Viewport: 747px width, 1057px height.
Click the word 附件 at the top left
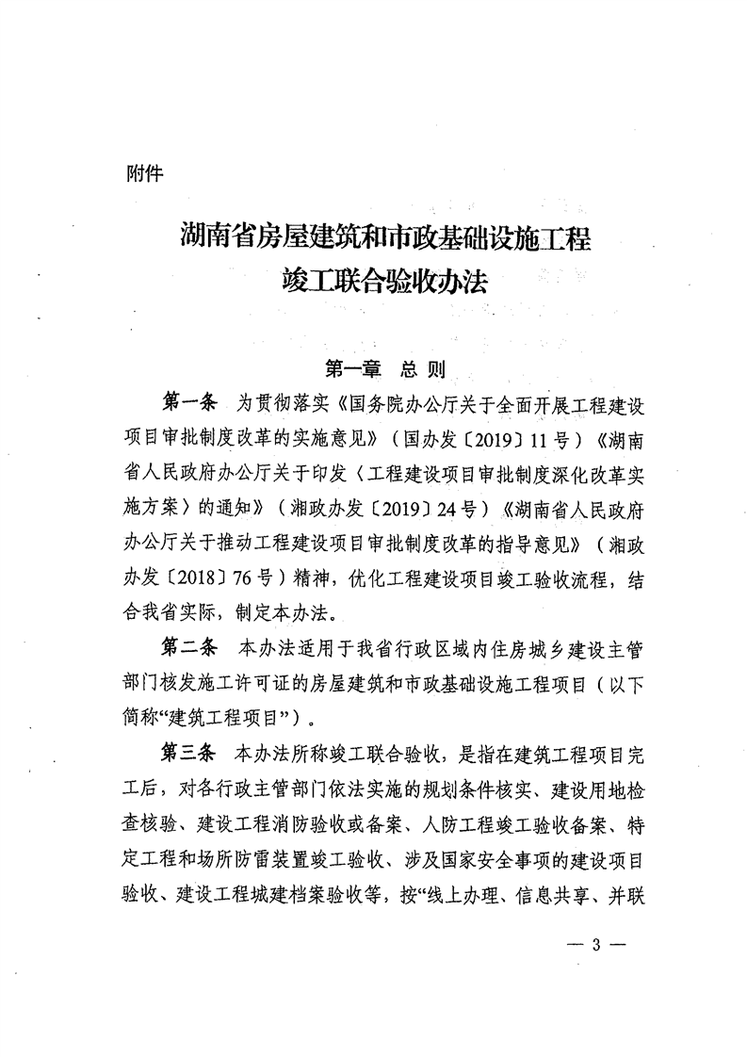pos(144,174)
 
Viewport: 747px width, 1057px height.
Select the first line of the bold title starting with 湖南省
pos(384,236)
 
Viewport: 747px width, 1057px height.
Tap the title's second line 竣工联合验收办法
pos(384,280)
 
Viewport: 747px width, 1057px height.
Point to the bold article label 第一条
pos(189,404)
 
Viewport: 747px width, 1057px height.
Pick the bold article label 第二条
pos(189,649)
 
